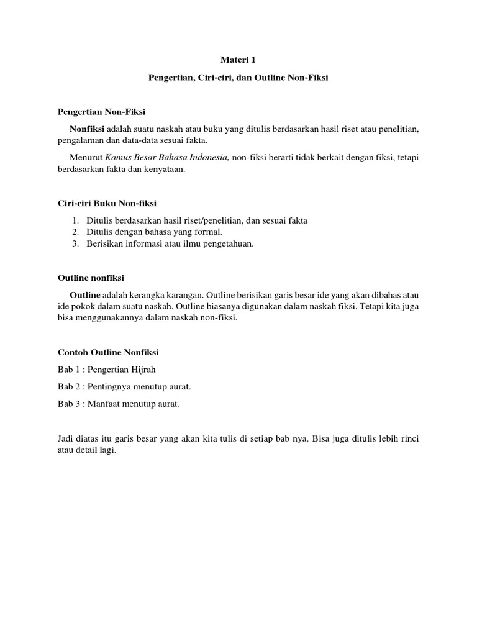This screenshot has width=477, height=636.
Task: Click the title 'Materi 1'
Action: point(238,60)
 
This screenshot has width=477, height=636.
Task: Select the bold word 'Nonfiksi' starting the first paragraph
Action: point(87,129)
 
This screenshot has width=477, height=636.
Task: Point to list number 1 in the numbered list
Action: point(75,220)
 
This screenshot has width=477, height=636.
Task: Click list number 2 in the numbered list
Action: point(75,232)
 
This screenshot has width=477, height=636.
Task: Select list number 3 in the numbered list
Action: point(75,243)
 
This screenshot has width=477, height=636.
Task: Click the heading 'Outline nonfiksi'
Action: point(91,278)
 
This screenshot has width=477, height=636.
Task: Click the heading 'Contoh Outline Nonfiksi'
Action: point(108,352)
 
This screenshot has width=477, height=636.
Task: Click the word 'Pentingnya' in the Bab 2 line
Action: point(109,387)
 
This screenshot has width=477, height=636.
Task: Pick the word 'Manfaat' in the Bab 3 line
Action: point(104,404)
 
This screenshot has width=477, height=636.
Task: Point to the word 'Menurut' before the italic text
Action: point(86,158)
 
